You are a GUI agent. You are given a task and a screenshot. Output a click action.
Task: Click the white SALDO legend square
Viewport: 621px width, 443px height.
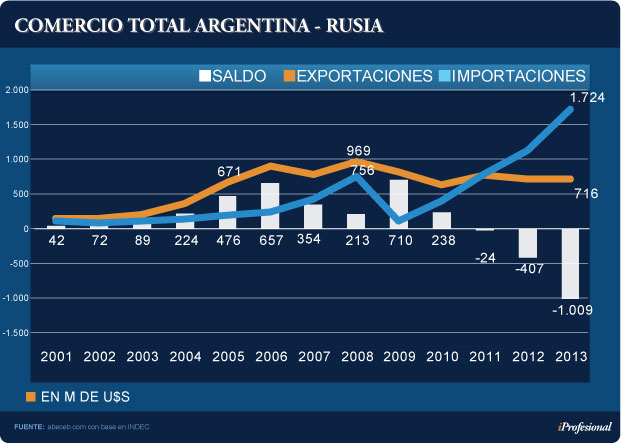coord(205,76)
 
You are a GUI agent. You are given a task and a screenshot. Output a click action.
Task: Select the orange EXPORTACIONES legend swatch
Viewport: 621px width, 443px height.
coord(290,76)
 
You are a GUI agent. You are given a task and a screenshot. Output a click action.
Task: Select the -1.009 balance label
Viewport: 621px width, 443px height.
coord(573,310)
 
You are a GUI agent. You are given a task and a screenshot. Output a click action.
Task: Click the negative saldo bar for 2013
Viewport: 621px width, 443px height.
coord(570,263)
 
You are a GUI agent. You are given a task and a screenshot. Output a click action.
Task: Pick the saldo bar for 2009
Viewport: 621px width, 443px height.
coord(399,204)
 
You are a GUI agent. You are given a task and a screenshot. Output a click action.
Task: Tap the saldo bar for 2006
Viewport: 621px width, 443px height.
coord(270,206)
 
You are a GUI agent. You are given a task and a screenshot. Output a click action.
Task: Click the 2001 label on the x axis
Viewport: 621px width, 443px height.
coord(56,357)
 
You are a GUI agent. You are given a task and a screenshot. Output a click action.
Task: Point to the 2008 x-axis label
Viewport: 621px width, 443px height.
coord(357,357)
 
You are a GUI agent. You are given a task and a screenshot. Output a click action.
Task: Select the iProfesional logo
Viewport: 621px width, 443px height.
coord(583,427)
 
